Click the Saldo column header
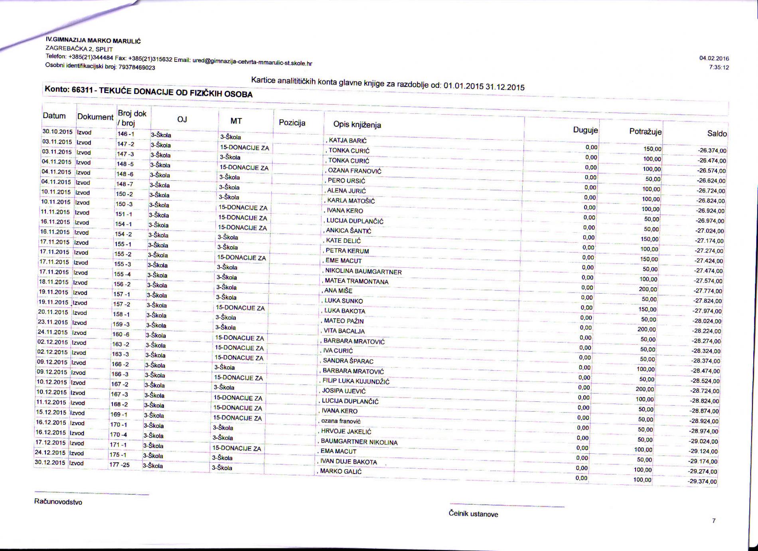(717, 134)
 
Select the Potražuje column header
(645, 131)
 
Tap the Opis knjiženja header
(357, 125)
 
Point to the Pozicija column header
(292, 122)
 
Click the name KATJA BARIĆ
(347, 140)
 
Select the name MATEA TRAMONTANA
(356, 281)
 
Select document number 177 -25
(119, 465)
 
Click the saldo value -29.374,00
(702, 482)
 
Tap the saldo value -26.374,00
(712, 151)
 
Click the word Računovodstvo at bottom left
(58, 502)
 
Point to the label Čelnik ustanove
(473, 514)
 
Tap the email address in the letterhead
(252, 62)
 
